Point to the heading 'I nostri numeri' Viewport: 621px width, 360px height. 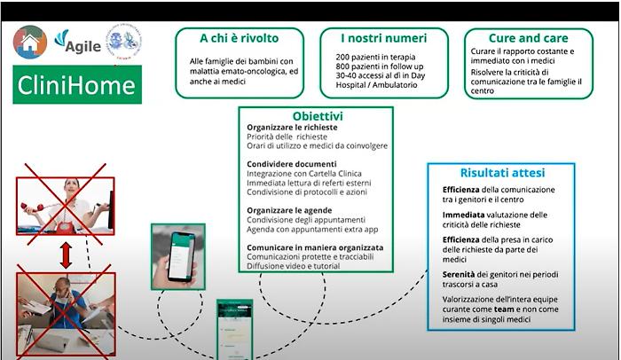[383, 39]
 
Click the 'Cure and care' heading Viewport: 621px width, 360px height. [530, 39]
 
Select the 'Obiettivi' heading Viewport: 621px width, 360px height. [318, 116]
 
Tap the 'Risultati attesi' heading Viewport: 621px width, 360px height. [502, 173]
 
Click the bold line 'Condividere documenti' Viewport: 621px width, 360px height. [292, 164]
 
